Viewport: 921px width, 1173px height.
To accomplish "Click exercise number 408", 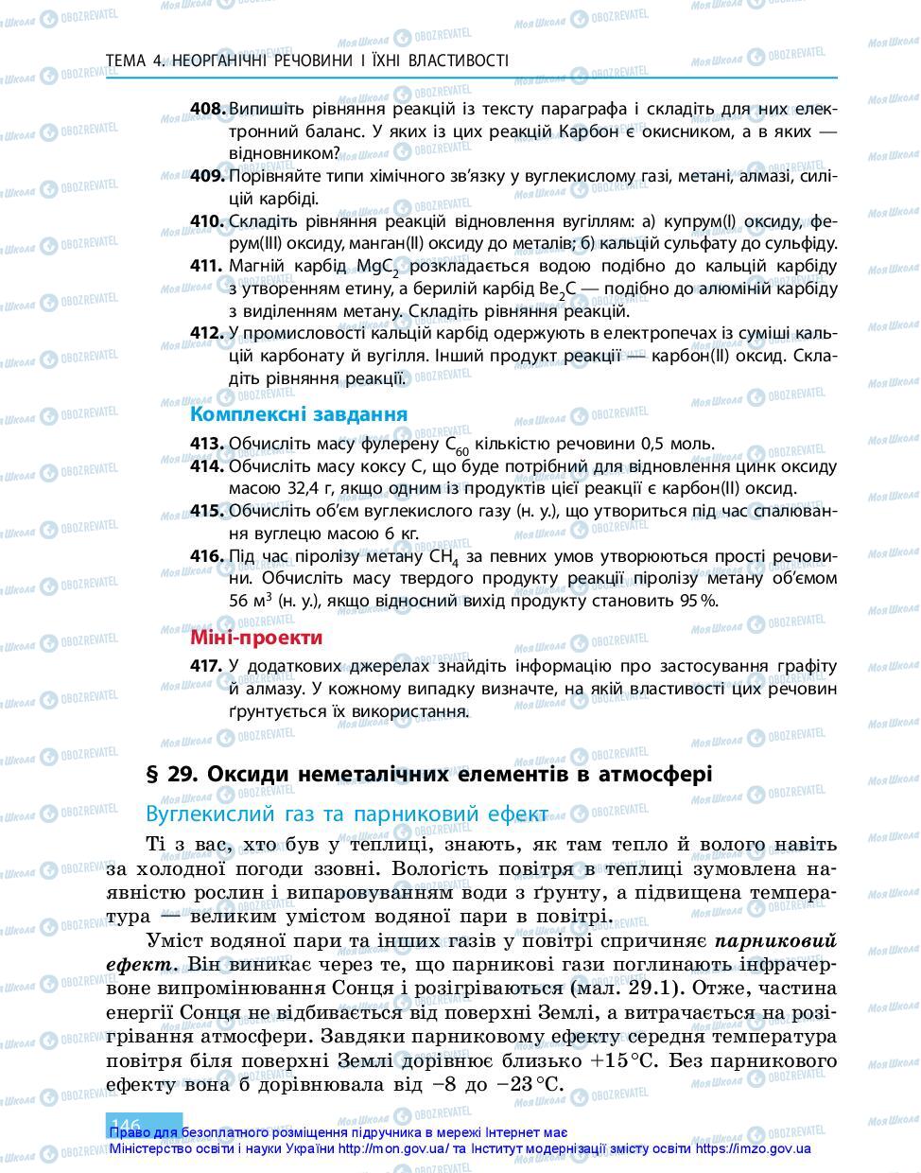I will click(x=207, y=109).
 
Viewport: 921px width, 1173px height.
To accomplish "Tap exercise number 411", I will click(x=207, y=266).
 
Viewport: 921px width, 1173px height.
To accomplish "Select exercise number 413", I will click(x=207, y=444).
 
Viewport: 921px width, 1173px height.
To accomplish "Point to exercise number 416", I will click(x=207, y=555).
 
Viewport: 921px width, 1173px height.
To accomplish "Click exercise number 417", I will click(x=207, y=666).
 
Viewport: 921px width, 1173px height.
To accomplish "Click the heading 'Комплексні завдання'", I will click(x=299, y=414).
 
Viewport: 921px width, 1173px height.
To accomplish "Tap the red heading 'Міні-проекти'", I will click(x=256, y=638).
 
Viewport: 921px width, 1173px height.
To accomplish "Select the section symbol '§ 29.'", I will click(x=171, y=774).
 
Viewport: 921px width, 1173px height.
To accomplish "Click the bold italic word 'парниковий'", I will click(x=776, y=941).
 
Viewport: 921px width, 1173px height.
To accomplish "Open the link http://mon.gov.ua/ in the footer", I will click(x=394, y=1148).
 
